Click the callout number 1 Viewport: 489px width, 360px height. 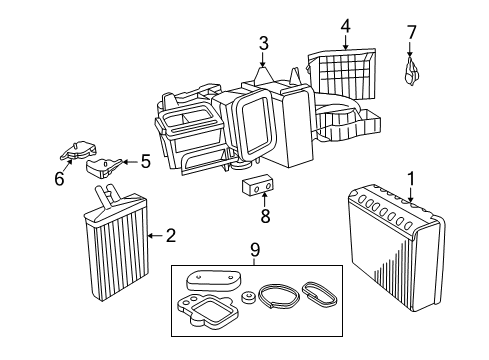[x=410, y=177]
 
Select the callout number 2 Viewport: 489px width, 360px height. [x=170, y=236]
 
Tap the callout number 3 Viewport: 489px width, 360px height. [x=263, y=43]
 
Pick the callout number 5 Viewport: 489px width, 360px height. [x=144, y=159]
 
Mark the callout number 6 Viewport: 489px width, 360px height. [x=59, y=179]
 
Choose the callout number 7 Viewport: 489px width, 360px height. [x=411, y=33]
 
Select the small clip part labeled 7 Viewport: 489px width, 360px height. [x=411, y=69]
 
